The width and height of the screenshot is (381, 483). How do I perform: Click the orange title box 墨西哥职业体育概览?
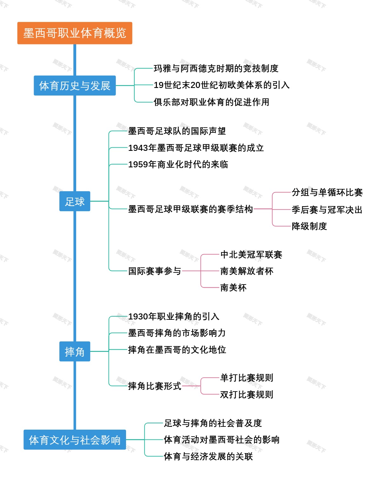pos(75,33)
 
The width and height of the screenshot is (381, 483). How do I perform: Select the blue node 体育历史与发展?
pos(75,85)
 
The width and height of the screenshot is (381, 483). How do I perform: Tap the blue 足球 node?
pos(75,201)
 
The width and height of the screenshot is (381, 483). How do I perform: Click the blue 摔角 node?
pos(75,352)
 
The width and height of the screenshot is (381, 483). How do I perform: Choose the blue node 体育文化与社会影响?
pos(75,440)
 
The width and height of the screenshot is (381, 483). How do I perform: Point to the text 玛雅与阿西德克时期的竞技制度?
pos(216,68)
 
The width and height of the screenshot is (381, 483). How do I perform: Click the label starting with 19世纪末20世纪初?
pos(221,85)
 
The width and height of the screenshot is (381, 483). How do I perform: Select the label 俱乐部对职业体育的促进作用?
pos(211,102)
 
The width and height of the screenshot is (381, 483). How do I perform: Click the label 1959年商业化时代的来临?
pos(178,164)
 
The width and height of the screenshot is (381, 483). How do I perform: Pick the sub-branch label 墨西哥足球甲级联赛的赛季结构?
pos(190,209)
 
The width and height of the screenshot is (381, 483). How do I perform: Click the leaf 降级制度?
pos(309,226)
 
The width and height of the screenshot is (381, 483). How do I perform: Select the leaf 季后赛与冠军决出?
pos(327,210)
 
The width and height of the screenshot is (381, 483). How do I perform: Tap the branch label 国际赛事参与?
pos(155,271)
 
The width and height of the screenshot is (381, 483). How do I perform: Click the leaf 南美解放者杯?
pos(247,271)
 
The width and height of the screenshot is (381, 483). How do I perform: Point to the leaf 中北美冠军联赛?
pos(251,254)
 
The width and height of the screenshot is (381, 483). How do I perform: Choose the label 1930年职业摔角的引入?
pos(174,317)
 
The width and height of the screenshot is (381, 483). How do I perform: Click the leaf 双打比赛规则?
pos(247,394)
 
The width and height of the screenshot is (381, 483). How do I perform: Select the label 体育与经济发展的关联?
pos(208,456)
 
